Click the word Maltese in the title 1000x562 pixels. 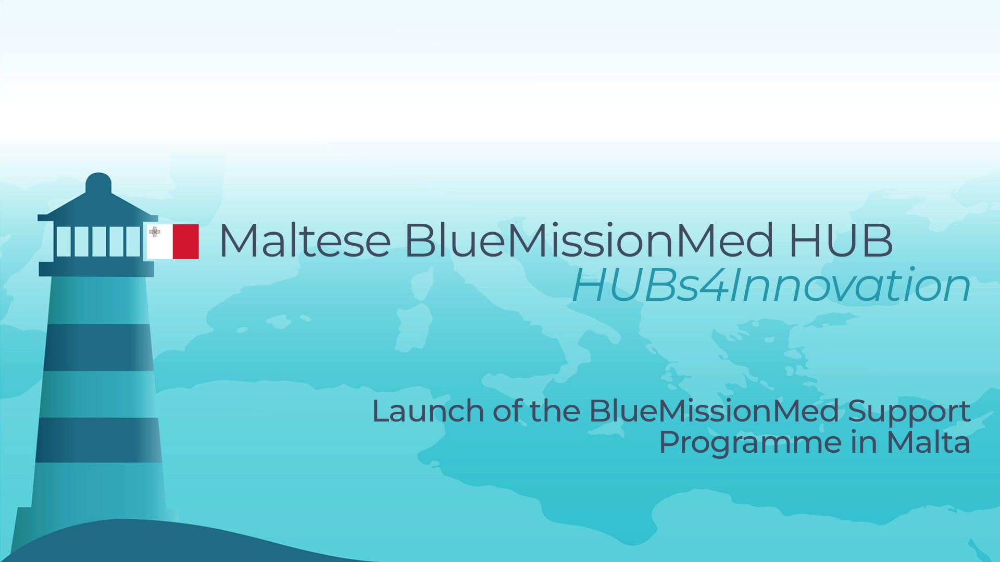point(305,240)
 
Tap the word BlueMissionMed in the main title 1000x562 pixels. point(589,240)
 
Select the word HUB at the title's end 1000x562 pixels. point(841,240)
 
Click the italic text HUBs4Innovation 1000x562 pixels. point(771,285)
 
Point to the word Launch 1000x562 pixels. point(428,411)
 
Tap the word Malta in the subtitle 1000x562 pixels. point(928,442)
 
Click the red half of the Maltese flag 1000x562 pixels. point(185,241)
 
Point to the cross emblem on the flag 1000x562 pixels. point(155,232)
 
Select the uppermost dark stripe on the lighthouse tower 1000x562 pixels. point(98,347)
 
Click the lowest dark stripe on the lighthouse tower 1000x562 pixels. point(99,440)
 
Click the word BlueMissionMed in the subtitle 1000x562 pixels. point(714,411)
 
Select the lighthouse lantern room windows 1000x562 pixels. point(98,241)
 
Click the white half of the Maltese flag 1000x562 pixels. point(159,241)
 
